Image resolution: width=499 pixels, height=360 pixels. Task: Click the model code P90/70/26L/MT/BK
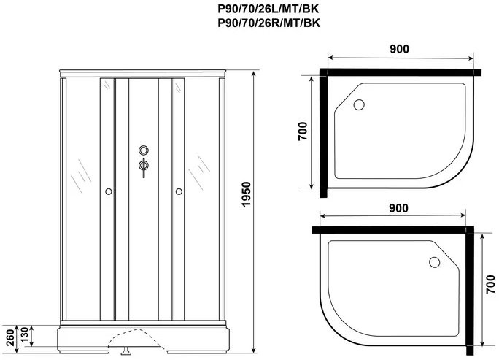click(268, 9)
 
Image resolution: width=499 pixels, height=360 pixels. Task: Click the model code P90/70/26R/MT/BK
click(269, 23)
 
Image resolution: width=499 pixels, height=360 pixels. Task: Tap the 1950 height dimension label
click(247, 194)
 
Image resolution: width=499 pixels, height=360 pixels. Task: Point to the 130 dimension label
click(25, 335)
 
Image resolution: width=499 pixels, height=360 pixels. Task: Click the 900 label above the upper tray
click(399, 49)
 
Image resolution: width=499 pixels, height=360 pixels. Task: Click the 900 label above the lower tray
click(398, 208)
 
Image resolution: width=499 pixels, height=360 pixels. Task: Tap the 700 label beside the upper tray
click(303, 131)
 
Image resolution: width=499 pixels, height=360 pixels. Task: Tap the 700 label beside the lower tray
click(490, 285)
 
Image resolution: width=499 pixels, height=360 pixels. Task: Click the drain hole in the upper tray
click(359, 104)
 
